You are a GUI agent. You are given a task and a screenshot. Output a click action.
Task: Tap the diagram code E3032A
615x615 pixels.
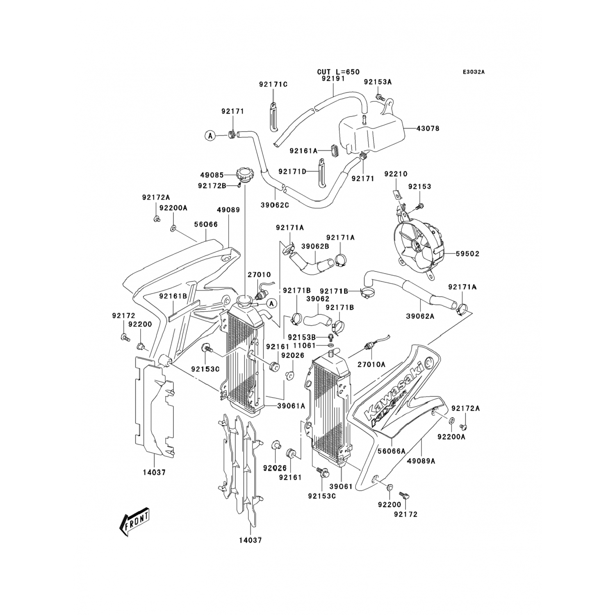[474, 72]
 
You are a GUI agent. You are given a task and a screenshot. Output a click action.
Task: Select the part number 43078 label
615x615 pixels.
[428, 129]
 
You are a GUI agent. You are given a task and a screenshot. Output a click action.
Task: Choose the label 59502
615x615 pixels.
[468, 254]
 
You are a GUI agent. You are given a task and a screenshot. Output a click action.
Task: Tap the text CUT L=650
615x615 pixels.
[338, 72]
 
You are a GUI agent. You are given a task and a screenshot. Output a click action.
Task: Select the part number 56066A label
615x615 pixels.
[391, 451]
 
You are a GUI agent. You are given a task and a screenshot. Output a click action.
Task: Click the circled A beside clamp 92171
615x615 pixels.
[210, 135]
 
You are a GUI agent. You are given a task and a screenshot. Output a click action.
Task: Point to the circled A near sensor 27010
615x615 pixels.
[272, 303]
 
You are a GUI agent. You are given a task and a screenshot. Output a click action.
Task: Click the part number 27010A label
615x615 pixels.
[371, 364]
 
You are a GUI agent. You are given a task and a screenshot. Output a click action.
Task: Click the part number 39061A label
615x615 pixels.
[291, 405]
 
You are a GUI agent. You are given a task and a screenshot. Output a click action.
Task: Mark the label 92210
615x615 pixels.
[396, 174]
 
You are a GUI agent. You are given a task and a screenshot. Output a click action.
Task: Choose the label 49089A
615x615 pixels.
[421, 461]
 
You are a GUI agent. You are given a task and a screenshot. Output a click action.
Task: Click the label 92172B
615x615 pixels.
[212, 186]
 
